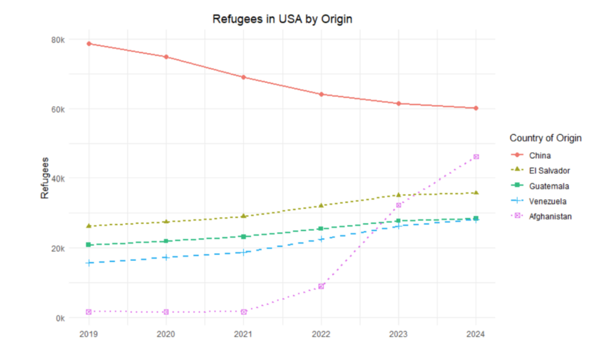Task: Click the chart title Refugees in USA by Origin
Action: click(x=282, y=19)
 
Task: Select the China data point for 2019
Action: click(x=89, y=43)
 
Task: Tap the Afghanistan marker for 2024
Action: click(x=476, y=157)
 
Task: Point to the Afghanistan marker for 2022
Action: click(x=321, y=286)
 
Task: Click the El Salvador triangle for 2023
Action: click(x=398, y=195)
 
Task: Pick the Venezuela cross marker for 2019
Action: click(x=89, y=263)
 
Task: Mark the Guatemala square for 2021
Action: click(x=244, y=236)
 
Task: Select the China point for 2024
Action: click(x=476, y=108)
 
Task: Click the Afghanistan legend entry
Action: click(x=550, y=216)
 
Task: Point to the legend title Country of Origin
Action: click(x=545, y=138)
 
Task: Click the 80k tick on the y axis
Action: click(x=58, y=40)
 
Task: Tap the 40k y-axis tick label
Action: click(x=58, y=178)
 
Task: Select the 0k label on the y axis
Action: click(x=60, y=318)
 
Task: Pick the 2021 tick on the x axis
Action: click(x=244, y=334)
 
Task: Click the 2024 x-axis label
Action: click(x=476, y=334)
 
